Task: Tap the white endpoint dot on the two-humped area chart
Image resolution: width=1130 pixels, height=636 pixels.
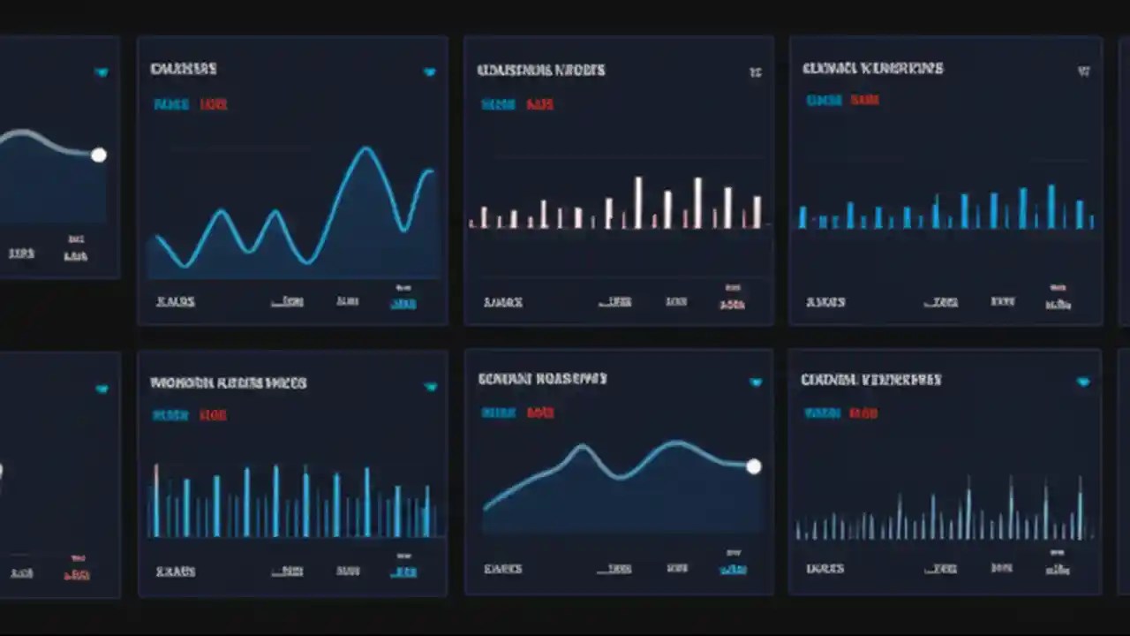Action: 753,466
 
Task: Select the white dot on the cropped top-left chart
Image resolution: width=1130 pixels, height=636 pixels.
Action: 99,155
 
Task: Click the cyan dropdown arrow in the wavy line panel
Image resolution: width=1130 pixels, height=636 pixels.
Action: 429,72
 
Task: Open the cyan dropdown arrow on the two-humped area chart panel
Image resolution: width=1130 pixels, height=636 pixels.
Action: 756,382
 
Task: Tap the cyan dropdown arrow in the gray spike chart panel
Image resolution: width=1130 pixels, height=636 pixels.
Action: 1083,382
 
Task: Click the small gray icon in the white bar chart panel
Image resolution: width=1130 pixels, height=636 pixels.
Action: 755,72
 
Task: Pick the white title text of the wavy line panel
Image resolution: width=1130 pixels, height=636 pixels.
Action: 183,69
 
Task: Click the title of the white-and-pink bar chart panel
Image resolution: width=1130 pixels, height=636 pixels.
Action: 540,70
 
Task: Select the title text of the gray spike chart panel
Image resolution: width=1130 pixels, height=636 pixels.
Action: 870,380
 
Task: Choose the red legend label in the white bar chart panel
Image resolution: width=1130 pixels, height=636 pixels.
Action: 539,104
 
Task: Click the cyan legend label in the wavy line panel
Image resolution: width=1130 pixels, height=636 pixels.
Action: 170,104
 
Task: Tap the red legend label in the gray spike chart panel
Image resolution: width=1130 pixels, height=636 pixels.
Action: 863,413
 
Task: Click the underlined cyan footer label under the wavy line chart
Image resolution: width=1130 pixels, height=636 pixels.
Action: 403,303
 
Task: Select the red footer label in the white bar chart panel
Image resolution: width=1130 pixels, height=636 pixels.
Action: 732,304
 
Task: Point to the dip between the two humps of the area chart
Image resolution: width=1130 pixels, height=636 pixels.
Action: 621,476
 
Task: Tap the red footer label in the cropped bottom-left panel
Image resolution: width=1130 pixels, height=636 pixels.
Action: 76,574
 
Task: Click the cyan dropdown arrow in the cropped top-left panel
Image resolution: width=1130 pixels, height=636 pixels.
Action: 102,72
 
